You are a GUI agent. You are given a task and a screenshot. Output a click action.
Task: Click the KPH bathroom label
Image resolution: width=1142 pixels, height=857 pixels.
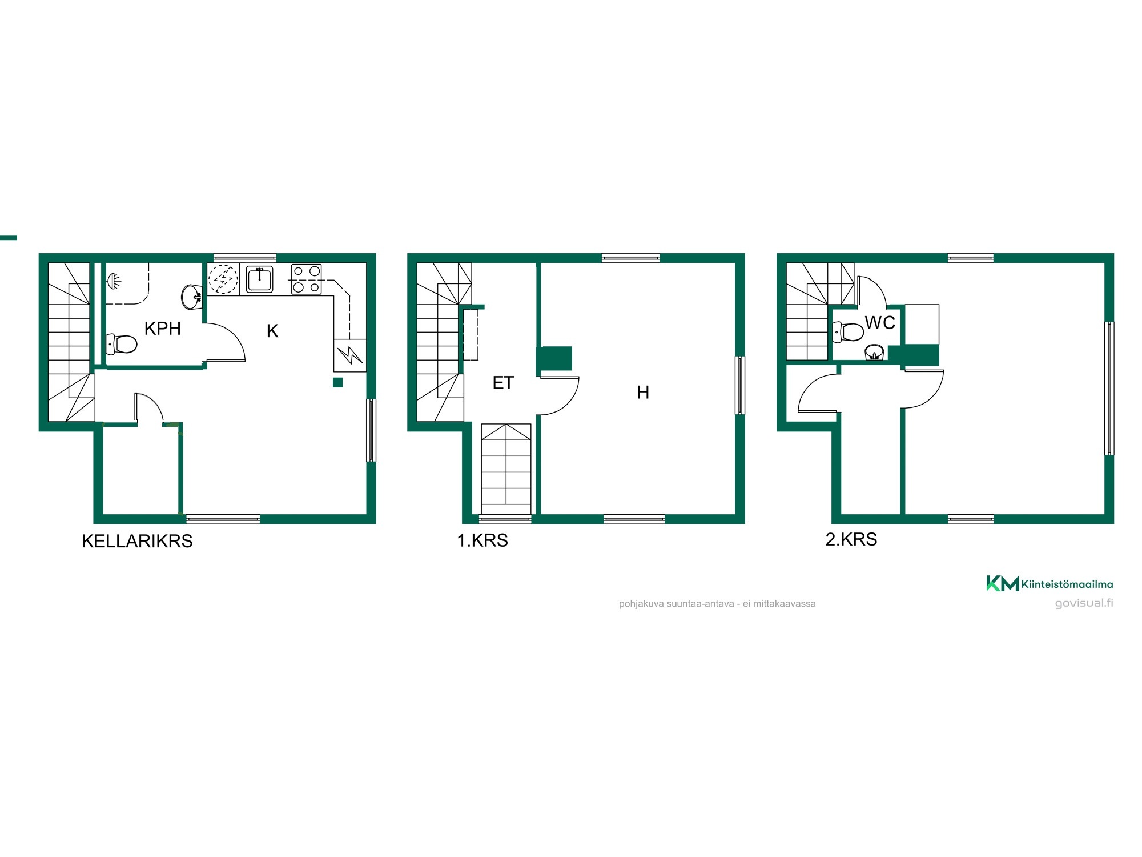[162, 329]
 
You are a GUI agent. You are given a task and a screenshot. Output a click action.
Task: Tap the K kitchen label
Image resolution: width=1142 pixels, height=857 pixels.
[272, 331]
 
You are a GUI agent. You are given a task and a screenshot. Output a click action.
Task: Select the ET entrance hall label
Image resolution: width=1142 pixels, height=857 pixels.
[503, 383]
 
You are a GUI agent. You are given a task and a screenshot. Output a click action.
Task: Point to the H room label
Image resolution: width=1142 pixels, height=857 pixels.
[643, 393]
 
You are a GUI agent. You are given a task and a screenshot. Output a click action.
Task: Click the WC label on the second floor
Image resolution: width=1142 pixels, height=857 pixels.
[880, 323]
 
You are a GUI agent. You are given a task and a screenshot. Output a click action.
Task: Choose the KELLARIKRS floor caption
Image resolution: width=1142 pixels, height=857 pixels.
[137, 541]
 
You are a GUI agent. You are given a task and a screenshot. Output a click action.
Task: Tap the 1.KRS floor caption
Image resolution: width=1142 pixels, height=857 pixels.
[482, 540]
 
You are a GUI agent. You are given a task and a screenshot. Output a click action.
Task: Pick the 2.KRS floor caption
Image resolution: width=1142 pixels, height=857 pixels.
[851, 539]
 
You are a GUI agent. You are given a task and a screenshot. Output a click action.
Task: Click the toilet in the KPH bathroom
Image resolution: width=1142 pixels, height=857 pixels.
[122, 344]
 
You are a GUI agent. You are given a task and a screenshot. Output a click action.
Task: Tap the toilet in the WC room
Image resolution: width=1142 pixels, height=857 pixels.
[849, 332]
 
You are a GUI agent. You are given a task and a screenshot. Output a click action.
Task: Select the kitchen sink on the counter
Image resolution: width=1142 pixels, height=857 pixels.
[260, 279]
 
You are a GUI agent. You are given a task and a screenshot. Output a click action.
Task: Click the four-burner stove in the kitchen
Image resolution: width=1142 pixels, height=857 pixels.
[307, 279]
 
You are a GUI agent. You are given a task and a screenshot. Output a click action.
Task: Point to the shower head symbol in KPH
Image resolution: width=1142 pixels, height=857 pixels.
[114, 281]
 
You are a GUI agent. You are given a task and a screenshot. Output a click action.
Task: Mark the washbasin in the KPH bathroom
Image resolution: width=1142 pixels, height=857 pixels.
[192, 296]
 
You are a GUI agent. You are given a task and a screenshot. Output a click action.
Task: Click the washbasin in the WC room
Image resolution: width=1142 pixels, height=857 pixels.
[874, 353]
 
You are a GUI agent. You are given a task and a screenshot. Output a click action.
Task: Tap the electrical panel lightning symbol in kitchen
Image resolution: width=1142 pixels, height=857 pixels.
[350, 355]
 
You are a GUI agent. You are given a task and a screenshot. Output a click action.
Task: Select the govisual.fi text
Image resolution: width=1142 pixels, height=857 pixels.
[1084, 603]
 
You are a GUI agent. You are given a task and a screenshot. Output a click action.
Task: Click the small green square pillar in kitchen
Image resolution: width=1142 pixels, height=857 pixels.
[338, 383]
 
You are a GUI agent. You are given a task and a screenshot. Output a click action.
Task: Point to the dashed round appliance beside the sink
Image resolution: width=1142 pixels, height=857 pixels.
[223, 279]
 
